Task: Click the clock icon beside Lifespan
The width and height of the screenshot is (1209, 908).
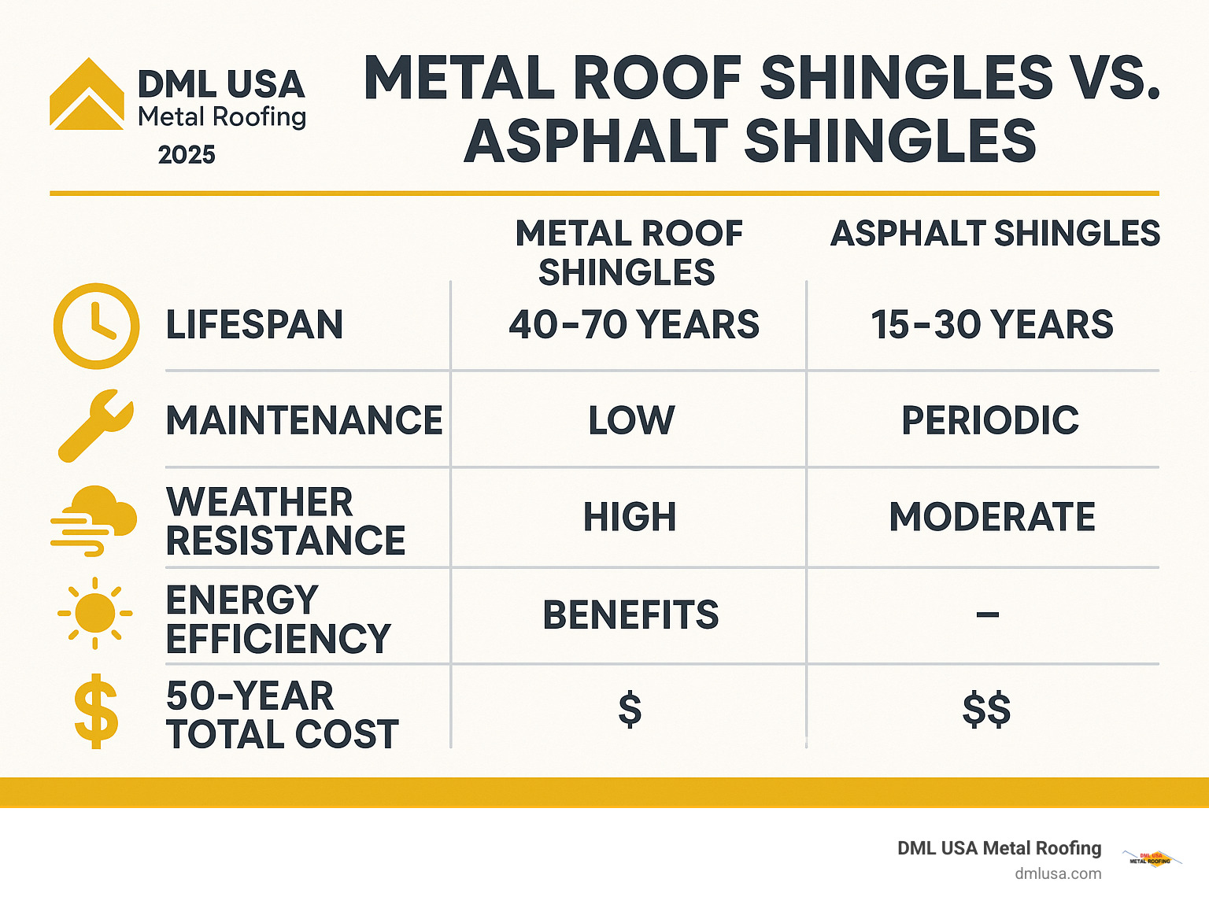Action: [96, 326]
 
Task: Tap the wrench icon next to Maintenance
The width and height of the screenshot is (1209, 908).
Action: [95, 425]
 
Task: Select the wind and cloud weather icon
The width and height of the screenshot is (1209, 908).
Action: [94, 520]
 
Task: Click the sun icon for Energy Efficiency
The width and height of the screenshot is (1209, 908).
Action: [95, 613]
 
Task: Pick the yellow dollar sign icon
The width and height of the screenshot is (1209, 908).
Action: [95, 711]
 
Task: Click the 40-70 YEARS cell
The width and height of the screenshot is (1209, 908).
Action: [634, 325]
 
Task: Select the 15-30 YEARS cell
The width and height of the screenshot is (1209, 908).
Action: [992, 325]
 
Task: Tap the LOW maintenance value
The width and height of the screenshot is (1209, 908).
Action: [631, 420]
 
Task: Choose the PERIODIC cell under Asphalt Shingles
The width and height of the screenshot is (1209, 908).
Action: [989, 420]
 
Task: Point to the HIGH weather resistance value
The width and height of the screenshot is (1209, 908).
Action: [630, 517]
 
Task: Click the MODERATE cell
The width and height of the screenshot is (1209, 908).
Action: [992, 517]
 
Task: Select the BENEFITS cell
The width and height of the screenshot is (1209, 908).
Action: [630, 615]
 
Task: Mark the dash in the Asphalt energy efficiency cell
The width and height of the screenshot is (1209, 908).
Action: [987, 615]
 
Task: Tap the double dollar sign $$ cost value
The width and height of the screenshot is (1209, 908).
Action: [986, 710]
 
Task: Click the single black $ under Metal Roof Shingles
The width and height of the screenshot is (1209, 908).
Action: [630, 710]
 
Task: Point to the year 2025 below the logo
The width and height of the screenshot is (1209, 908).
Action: [187, 155]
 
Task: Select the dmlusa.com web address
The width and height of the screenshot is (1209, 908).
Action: [1058, 873]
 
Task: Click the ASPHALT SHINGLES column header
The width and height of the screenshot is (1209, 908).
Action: [995, 234]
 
